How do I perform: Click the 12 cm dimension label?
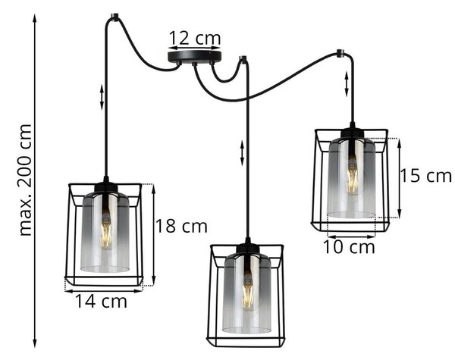[x=194, y=38]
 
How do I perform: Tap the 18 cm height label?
[x=182, y=226]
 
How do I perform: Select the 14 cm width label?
[x=101, y=301]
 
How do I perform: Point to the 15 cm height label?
[x=425, y=176]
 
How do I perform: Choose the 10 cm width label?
[x=349, y=247]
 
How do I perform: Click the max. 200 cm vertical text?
[x=25, y=180]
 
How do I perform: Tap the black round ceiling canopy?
[x=194, y=58]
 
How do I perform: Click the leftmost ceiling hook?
[x=115, y=17]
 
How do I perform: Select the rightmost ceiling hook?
[x=339, y=53]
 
